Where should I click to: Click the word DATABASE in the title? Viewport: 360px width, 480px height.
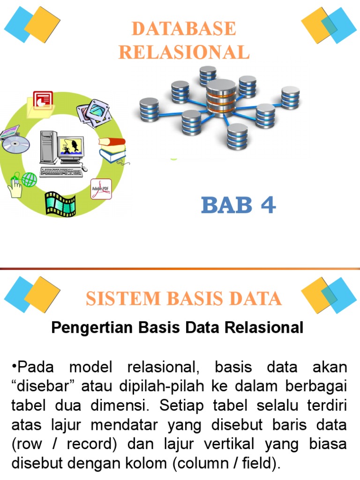(x=183, y=29)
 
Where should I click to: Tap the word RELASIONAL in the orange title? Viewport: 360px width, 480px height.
(x=183, y=52)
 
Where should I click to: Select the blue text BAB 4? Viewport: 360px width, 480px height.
(x=239, y=205)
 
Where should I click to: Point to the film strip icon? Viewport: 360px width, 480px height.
(x=60, y=202)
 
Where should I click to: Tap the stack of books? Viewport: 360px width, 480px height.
(x=112, y=150)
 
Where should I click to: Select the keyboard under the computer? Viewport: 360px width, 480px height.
(x=61, y=172)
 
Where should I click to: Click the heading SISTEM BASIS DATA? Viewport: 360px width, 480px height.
(x=183, y=298)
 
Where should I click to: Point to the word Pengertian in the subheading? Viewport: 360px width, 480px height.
(x=89, y=328)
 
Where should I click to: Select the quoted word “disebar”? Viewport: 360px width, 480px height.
(x=43, y=387)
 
